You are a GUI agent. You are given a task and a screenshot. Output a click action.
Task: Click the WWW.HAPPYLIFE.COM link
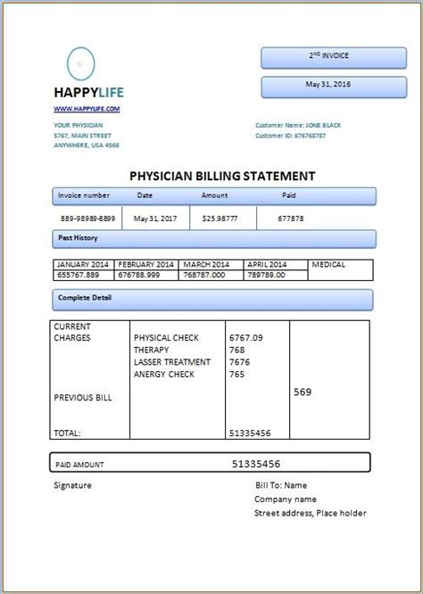tap(86, 108)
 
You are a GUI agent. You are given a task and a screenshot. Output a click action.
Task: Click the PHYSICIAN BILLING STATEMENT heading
tap(222, 176)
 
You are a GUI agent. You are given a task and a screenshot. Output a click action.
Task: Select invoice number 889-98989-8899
tap(87, 218)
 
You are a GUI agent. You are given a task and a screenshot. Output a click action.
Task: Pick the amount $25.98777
tap(220, 218)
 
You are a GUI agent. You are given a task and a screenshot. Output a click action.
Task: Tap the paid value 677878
tap(291, 218)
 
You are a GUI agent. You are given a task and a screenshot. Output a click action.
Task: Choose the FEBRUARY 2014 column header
tap(147, 265)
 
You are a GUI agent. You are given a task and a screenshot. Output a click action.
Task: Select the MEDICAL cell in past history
tap(329, 265)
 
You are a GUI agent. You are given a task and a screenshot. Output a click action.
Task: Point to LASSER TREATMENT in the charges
tap(172, 362)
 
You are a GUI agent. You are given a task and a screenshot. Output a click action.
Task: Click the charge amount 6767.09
tap(246, 338)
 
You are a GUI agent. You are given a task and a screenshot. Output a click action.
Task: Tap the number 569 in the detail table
tap(302, 392)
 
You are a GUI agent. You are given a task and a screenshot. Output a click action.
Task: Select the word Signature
tap(73, 486)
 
